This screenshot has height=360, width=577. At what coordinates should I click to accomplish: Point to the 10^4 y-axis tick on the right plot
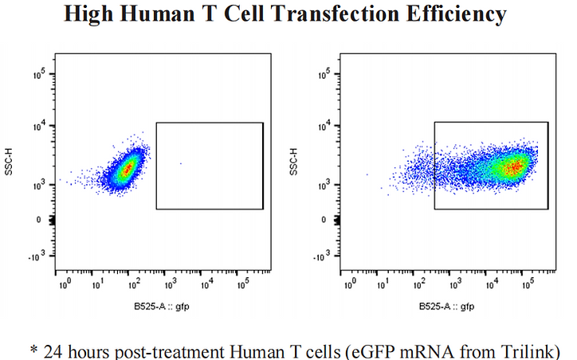(x=324, y=126)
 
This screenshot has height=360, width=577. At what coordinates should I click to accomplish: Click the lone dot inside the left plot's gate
(x=181, y=163)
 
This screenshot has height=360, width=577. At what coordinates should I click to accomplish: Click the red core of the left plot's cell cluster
(x=127, y=169)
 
